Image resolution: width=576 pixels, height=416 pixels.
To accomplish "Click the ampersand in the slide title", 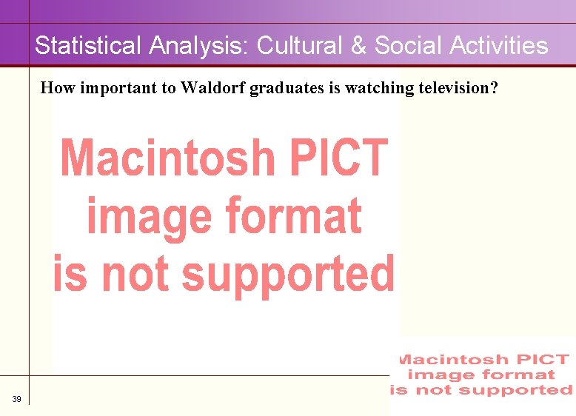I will click(x=358, y=46).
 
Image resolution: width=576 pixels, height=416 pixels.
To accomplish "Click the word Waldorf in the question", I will click(x=214, y=88).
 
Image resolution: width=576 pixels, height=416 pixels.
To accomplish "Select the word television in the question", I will click(x=458, y=88).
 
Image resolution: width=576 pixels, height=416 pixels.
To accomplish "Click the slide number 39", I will click(x=16, y=400).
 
